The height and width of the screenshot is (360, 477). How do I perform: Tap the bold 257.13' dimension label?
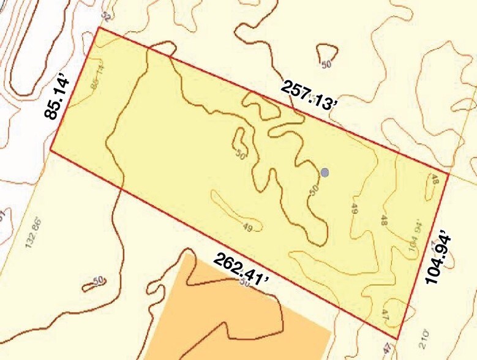point(310,96)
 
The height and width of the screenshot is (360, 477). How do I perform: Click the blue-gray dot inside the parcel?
point(325,172)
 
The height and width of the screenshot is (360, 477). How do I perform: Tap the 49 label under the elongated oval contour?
point(247,228)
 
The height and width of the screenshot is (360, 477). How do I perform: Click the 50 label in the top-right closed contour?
point(326,64)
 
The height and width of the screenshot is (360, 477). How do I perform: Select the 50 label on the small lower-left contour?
point(97,281)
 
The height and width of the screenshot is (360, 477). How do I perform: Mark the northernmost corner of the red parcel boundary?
point(99,28)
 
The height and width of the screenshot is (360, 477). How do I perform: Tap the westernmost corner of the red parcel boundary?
point(50,151)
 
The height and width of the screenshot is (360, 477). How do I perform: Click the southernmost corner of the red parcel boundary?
point(399,339)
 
